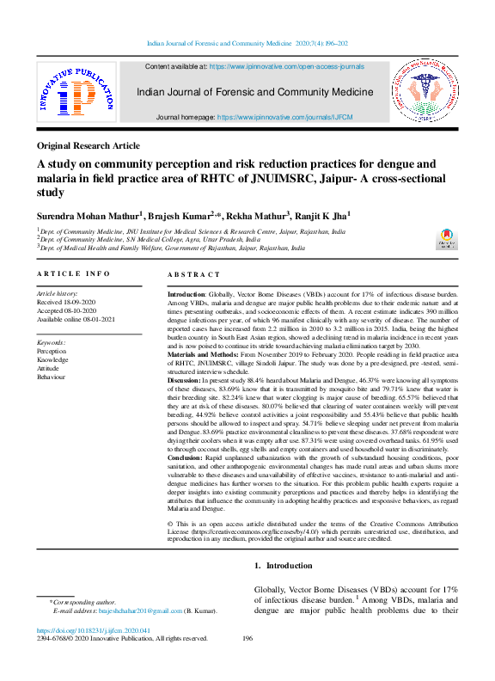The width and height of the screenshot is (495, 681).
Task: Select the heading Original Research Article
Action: pos(88,146)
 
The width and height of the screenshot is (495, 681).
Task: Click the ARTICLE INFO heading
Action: pos(73,273)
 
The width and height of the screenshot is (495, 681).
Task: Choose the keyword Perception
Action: pos(52,351)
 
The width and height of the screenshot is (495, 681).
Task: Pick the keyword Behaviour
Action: pos(51,377)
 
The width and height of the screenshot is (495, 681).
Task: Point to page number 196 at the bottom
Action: pos(247,639)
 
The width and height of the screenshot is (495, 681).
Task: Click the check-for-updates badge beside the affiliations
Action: pos(446,237)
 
